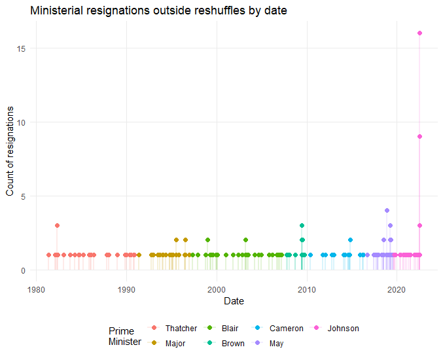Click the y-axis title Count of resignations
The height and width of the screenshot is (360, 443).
(10, 151)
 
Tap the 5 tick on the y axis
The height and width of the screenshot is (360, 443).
(22, 196)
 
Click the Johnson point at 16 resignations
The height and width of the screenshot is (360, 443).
(419, 33)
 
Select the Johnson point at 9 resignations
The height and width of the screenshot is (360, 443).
(419, 137)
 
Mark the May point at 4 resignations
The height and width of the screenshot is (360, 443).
(387, 211)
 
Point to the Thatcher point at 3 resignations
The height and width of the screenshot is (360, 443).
(57, 225)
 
